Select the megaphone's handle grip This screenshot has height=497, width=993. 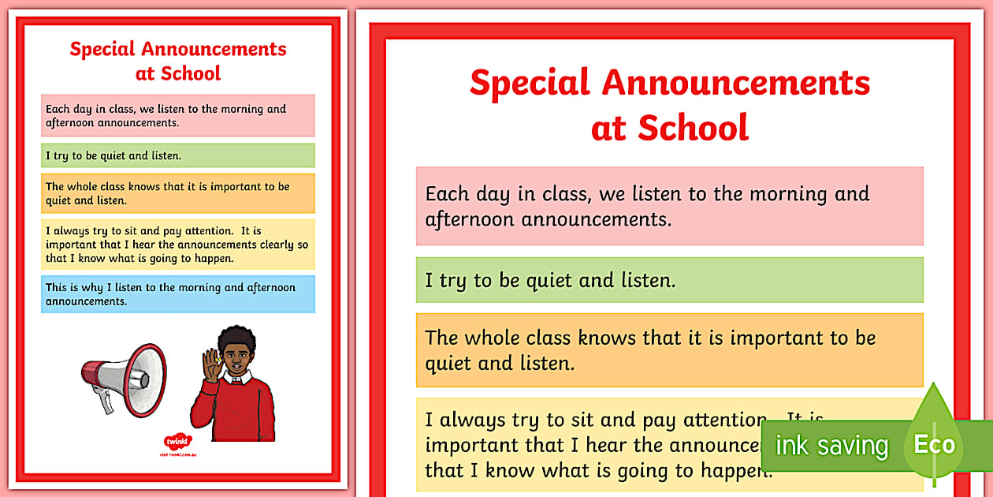click(x=106, y=402)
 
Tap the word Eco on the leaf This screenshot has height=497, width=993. click(x=934, y=444)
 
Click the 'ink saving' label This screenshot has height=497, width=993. click(x=831, y=446)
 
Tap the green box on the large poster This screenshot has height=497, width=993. click(x=669, y=280)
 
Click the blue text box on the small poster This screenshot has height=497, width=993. click(x=178, y=294)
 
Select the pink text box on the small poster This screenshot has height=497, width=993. click(x=178, y=115)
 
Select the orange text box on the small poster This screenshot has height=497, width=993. click(x=178, y=193)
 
